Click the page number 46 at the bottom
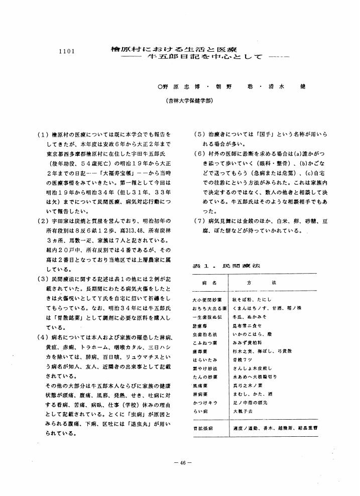[179, 462]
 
